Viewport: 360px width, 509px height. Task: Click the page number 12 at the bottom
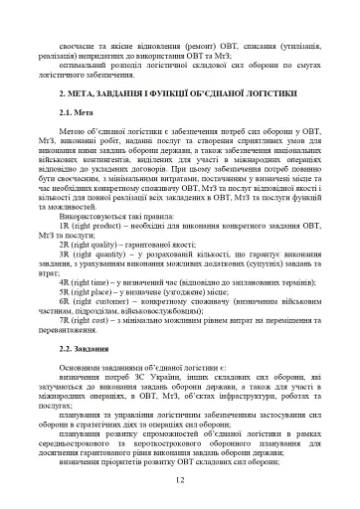click(x=180, y=480)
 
